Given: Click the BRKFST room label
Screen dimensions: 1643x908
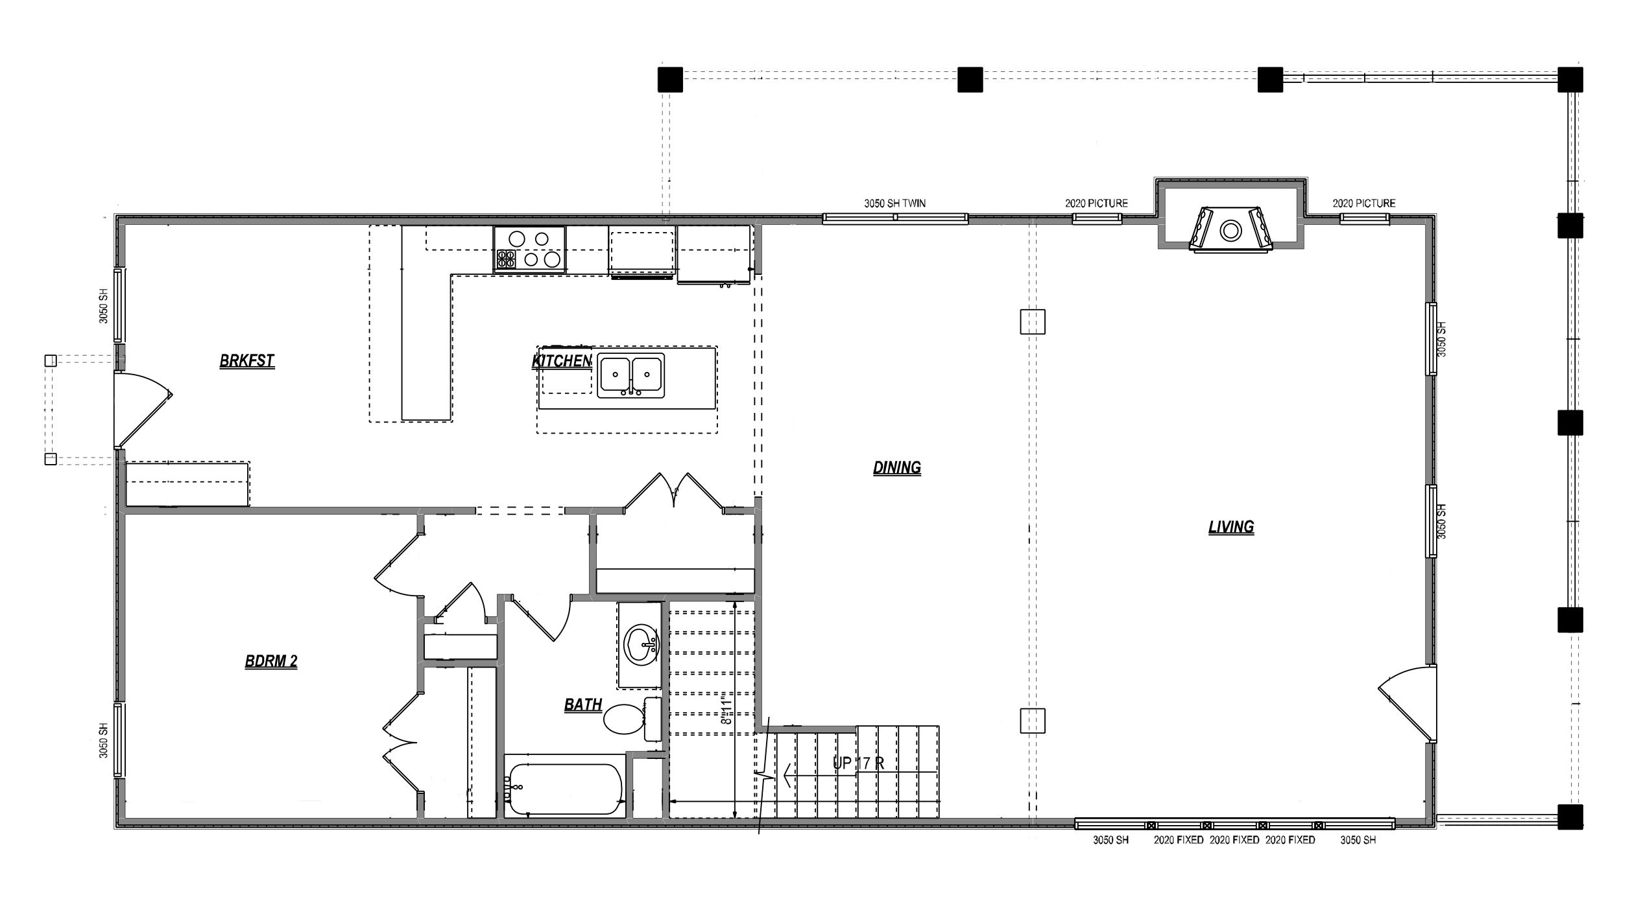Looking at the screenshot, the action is pyautogui.click(x=247, y=361).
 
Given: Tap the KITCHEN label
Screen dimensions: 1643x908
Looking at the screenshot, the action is pyautogui.click(x=562, y=361).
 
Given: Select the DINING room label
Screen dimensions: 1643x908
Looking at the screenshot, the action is pyautogui.click(x=897, y=467).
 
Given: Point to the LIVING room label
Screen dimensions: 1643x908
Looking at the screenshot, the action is pyautogui.click(x=1231, y=527).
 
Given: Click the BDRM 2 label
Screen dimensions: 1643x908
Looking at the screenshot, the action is pyautogui.click(x=271, y=661).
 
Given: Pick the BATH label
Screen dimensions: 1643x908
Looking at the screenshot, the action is pyautogui.click(x=583, y=704).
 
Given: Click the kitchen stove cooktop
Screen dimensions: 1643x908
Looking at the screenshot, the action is pyautogui.click(x=529, y=249).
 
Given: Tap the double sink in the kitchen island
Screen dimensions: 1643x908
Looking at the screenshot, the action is pyautogui.click(x=631, y=375).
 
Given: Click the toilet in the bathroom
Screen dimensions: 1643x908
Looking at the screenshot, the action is pyautogui.click(x=632, y=719).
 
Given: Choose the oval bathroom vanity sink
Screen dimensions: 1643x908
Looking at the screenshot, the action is pyautogui.click(x=640, y=645).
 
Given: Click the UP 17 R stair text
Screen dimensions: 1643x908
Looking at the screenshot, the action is pyautogui.click(x=858, y=763).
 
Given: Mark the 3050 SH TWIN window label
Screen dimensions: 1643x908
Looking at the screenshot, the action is pyautogui.click(x=894, y=204).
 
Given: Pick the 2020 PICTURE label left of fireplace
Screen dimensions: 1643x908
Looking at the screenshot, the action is pyautogui.click(x=1096, y=204).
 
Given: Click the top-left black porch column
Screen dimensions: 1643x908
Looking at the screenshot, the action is pyautogui.click(x=670, y=80).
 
